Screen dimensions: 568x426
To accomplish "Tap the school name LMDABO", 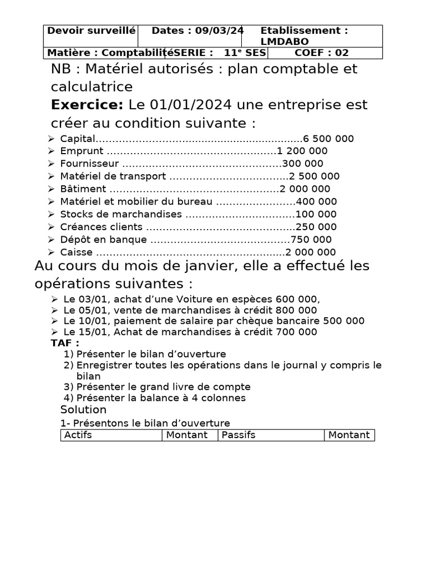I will pos(285,42).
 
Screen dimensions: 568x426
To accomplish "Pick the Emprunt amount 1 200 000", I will pos(302,151).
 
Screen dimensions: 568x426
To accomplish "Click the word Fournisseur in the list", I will pos(89,164).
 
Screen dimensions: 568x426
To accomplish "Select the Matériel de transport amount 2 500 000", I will pos(314,176).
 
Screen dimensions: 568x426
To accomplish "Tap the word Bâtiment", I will pos(83,189).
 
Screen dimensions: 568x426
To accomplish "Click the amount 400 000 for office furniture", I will pos(317,202).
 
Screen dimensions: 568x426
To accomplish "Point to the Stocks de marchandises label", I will pos(121,215).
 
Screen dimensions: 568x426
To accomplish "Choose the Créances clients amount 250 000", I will pos(316,227).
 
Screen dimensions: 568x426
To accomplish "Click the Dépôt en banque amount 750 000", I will pos(311,240).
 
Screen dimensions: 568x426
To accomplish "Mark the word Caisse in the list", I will pos(73,252).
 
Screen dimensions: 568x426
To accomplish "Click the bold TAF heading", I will pos(65,343).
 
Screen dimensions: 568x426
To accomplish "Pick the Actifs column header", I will pos(78,435).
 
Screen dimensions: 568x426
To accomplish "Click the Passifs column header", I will pos(239,435).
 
